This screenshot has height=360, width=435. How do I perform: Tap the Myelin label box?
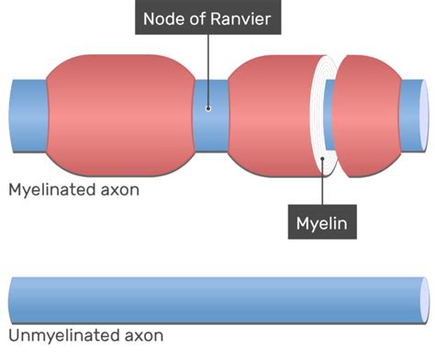click(x=323, y=221)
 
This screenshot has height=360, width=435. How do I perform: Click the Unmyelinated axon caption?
click(x=85, y=335)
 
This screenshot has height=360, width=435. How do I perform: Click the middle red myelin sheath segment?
click(x=271, y=113)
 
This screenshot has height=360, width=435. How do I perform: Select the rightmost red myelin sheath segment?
click(x=372, y=113)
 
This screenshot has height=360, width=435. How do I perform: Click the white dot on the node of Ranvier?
click(x=208, y=108)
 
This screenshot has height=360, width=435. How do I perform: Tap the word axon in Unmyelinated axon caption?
click(x=142, y=335)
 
